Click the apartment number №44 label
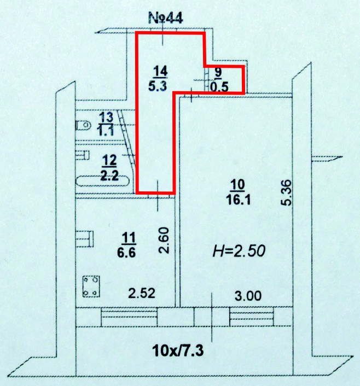click(166, 18)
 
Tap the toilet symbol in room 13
click(83, 125)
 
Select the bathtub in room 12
click(102, 181)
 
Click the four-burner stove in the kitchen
click(91, 286)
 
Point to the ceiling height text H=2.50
click(239, 251)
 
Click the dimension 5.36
click(286, 193)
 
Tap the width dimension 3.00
click(248, 296)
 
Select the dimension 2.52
click(142, 293)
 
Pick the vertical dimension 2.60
click(164, 241)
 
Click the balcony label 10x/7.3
click(178, 350)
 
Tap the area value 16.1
click(239, 200)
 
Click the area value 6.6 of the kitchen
click(126, 253)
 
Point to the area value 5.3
click(158, 86)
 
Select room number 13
click(106, 118)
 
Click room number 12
click(109, 160)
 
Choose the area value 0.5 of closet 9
click(219, 86)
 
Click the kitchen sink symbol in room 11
click(84, 238)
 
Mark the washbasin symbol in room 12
click(82, 155)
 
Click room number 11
click(129, 237)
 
